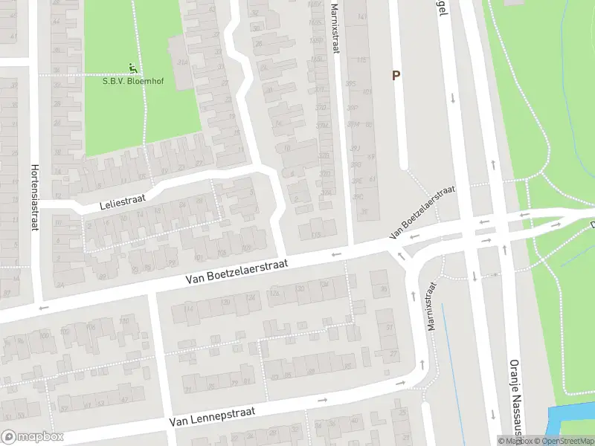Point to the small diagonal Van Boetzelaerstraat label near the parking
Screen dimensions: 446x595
tap(421, 213)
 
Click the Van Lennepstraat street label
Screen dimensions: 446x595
tap(212, 416)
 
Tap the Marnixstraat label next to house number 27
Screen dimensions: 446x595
tap(431, 305)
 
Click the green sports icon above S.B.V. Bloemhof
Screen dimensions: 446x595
tap(134, 68)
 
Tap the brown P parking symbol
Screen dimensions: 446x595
tap(396, 75)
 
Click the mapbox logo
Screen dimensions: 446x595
tap(31, 437)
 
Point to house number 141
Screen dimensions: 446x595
tap(363, 16)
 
